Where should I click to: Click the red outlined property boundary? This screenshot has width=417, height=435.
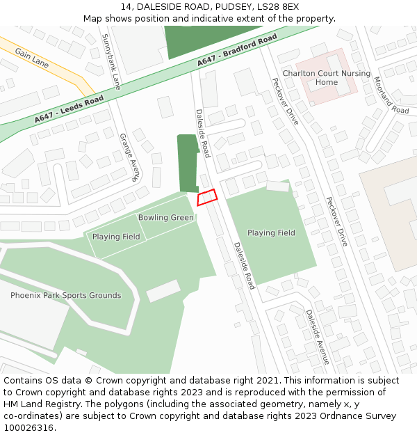207,198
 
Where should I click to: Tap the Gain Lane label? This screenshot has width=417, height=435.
32,58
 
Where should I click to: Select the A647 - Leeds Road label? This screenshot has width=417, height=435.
69,110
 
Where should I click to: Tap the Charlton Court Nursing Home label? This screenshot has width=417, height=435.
326,77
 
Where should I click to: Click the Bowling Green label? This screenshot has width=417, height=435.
165,218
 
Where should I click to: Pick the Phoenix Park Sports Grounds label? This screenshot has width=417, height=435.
65,296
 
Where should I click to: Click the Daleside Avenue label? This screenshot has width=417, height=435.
317,337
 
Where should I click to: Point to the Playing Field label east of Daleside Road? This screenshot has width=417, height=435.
271,233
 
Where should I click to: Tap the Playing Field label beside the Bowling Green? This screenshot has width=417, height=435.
116,237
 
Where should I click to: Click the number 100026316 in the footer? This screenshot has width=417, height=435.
30,428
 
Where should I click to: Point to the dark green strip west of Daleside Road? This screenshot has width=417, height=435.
188,164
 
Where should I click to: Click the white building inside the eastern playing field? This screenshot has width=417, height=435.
277,186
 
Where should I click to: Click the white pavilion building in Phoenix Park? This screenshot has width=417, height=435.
163,291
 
